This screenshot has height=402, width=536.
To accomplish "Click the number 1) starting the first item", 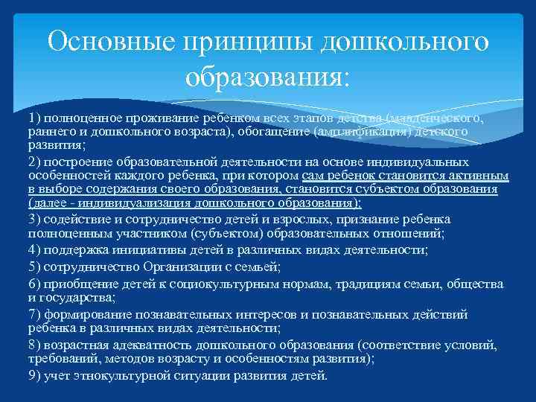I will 35,118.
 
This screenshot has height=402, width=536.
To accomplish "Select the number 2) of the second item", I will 35,161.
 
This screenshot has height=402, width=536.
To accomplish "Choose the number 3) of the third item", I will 35,218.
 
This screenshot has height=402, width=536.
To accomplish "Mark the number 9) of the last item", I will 35,375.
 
